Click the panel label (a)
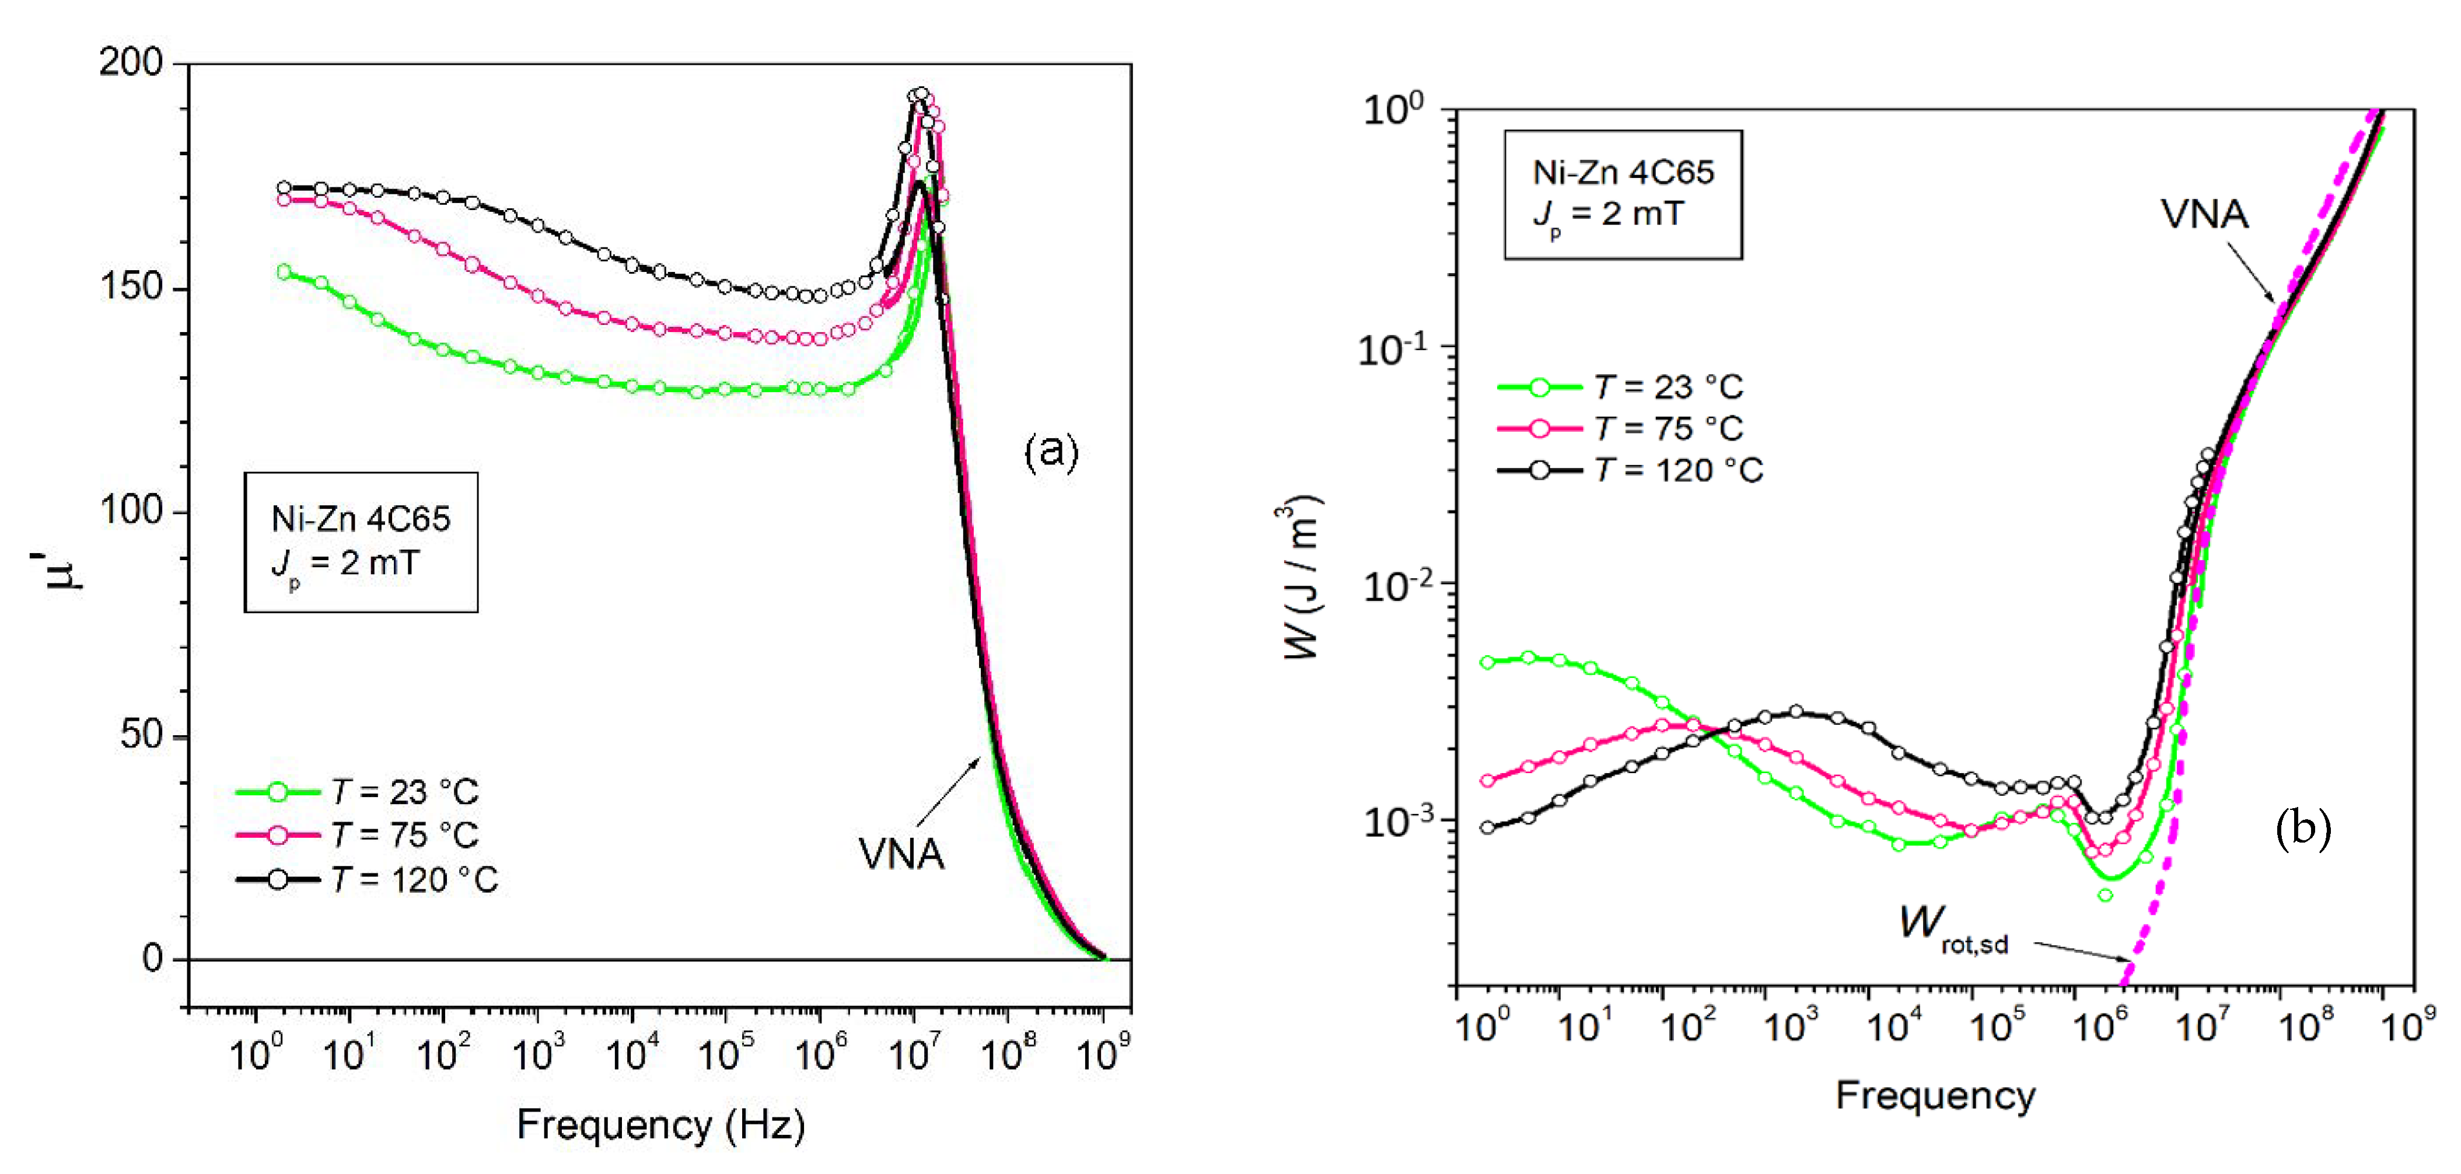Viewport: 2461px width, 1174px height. tap(1051, 451)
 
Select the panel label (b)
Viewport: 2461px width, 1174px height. tap(2302, 827)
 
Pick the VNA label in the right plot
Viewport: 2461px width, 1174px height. tap(2204, 215)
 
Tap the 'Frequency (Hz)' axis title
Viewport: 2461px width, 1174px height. tap(660, 1124)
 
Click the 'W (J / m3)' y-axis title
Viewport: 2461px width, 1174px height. tap(1301, 578)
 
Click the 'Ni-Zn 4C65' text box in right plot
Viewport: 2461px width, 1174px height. tap(1623, 173)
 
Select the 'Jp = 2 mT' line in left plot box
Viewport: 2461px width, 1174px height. tap(346, 564)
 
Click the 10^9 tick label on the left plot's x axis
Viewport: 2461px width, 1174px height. tap(1103, 1054)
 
